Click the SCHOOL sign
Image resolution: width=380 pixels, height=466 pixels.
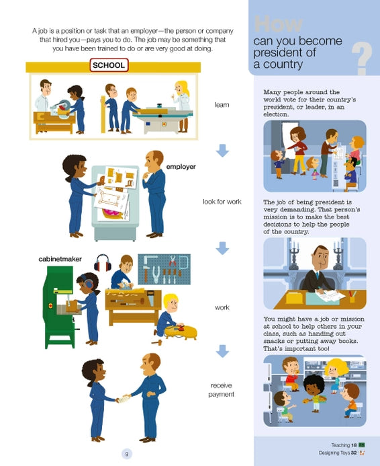[109, 65]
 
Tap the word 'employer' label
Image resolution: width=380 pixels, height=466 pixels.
[181, 167]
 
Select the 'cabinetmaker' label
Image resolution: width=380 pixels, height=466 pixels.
[60, 259]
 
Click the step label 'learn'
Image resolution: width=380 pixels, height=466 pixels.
[222, 105]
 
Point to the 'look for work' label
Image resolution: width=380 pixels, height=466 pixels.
[222, 202]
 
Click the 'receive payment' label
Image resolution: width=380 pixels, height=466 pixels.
[222, 390]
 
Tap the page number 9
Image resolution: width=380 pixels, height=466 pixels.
[127, 454]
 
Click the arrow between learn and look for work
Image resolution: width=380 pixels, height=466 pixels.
[222, 151]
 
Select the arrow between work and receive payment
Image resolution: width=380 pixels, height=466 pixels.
[222, 351]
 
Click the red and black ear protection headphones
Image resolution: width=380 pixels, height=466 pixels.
[103, 263]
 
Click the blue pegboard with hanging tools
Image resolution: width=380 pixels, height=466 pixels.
[164, 269]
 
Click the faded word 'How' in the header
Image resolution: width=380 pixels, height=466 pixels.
[278, 24]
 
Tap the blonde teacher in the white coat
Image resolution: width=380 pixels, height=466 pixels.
[182, 106]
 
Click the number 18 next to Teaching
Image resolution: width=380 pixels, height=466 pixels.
[354, 445]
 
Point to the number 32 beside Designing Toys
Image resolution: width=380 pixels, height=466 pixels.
[354, 453]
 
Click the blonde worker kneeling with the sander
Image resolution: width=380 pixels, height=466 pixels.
[169, 315]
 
